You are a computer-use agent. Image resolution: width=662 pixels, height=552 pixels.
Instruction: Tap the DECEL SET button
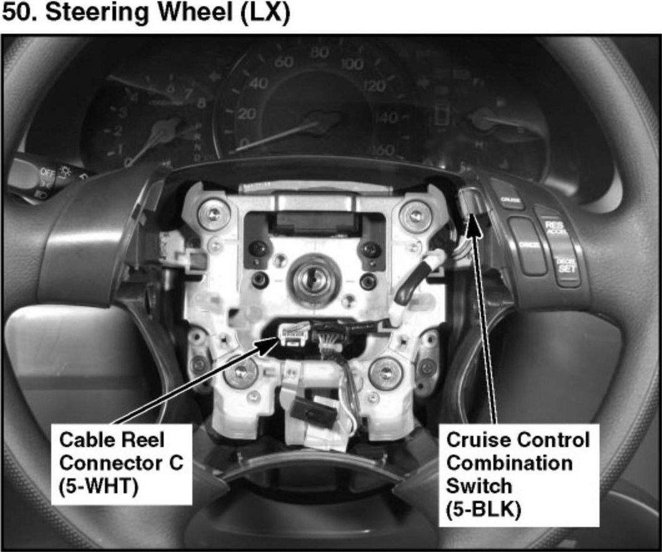point(567,265)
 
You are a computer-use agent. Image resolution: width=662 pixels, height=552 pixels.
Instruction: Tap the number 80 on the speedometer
point(320,52)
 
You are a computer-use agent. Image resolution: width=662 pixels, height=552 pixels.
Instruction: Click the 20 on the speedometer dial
point(248,114)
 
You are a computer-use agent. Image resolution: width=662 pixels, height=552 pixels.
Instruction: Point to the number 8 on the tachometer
point(201,104)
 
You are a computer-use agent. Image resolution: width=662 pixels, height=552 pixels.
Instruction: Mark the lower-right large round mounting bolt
point(382,373)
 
